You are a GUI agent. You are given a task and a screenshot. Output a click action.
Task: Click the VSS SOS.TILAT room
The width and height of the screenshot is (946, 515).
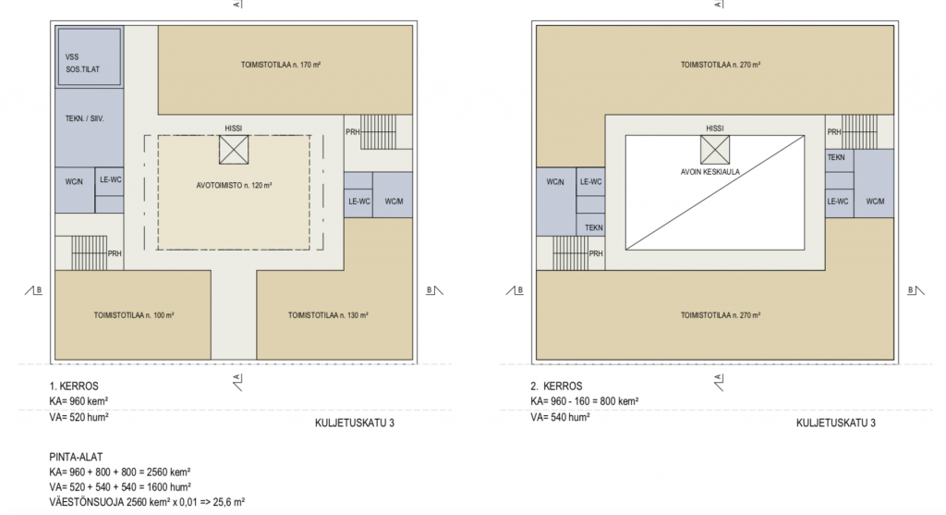[90, 56]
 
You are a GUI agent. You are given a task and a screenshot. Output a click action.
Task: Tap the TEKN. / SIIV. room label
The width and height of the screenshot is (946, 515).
[84, 119]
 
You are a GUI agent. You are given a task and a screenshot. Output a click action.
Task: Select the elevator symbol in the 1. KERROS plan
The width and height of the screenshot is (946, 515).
[234, 150]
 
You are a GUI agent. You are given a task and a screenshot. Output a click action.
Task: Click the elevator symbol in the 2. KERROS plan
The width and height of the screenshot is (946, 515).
[715, 150]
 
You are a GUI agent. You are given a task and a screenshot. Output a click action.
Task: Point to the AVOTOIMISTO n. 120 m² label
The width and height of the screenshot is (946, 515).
[234, 185]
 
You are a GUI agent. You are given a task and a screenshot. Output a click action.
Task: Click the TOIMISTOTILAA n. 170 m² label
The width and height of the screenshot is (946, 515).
[281, 65]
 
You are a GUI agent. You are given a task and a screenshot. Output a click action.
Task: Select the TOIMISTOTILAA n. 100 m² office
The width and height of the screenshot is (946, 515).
[133, 315]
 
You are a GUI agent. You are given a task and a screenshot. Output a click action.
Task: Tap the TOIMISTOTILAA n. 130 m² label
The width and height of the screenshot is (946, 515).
[328, 315]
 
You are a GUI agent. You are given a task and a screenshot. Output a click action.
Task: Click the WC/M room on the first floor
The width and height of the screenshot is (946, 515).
[393, 195]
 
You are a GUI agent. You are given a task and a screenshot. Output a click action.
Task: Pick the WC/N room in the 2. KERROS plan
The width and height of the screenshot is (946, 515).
[555, 202]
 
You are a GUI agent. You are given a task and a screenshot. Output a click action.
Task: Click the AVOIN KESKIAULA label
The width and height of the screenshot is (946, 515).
[710, 172]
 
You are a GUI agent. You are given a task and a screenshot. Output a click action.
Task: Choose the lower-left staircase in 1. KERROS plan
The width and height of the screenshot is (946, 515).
[90, 253]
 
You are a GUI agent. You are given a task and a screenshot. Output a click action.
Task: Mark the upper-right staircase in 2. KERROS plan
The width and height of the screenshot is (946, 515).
[860, 131]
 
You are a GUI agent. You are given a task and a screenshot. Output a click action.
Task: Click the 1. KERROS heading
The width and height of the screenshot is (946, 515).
[74, 386]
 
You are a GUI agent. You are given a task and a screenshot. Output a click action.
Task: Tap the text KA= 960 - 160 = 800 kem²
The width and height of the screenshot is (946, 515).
[585, 401]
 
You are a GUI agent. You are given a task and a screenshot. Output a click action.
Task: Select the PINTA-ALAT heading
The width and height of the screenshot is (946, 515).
[76, 457]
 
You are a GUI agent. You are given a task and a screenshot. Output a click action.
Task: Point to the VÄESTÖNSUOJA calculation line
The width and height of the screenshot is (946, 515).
[147, 502]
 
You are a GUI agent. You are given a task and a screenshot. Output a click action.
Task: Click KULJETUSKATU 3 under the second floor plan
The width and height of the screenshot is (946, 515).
[835, 423]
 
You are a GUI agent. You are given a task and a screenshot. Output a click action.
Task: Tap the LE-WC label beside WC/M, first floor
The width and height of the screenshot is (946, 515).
[359, 201]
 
